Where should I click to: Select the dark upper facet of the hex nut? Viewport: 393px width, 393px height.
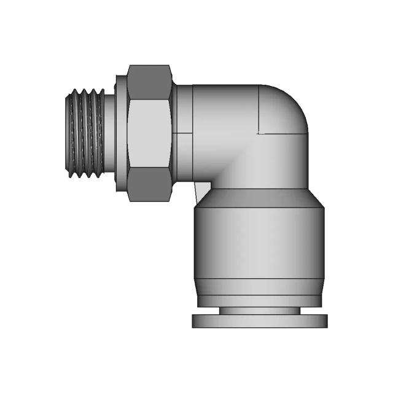pos(149,82)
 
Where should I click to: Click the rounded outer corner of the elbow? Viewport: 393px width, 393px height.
pos(289,101)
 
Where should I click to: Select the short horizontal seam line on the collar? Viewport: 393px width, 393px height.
pos(182,133)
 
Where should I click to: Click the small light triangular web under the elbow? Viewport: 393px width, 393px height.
pos(201,190)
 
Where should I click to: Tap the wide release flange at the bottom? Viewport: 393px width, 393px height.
pos(259,321)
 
